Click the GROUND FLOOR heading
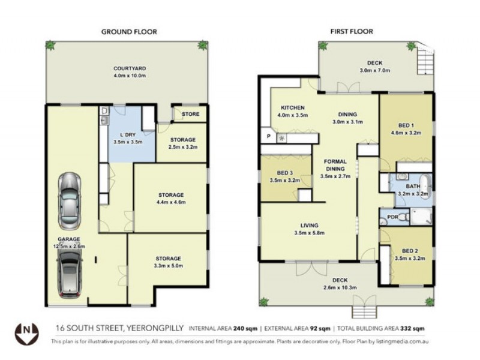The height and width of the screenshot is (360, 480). coord(128,31)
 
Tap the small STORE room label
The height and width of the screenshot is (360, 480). coord(190,113)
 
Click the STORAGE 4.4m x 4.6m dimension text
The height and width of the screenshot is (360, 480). coord(171,203)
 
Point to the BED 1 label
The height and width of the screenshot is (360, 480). coord(406,125)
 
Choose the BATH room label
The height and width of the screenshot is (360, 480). coord(413,187)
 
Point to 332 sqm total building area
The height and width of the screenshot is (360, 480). coord(413,329)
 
